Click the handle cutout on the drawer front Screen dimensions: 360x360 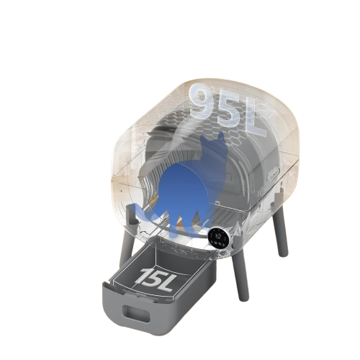[136, 313]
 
